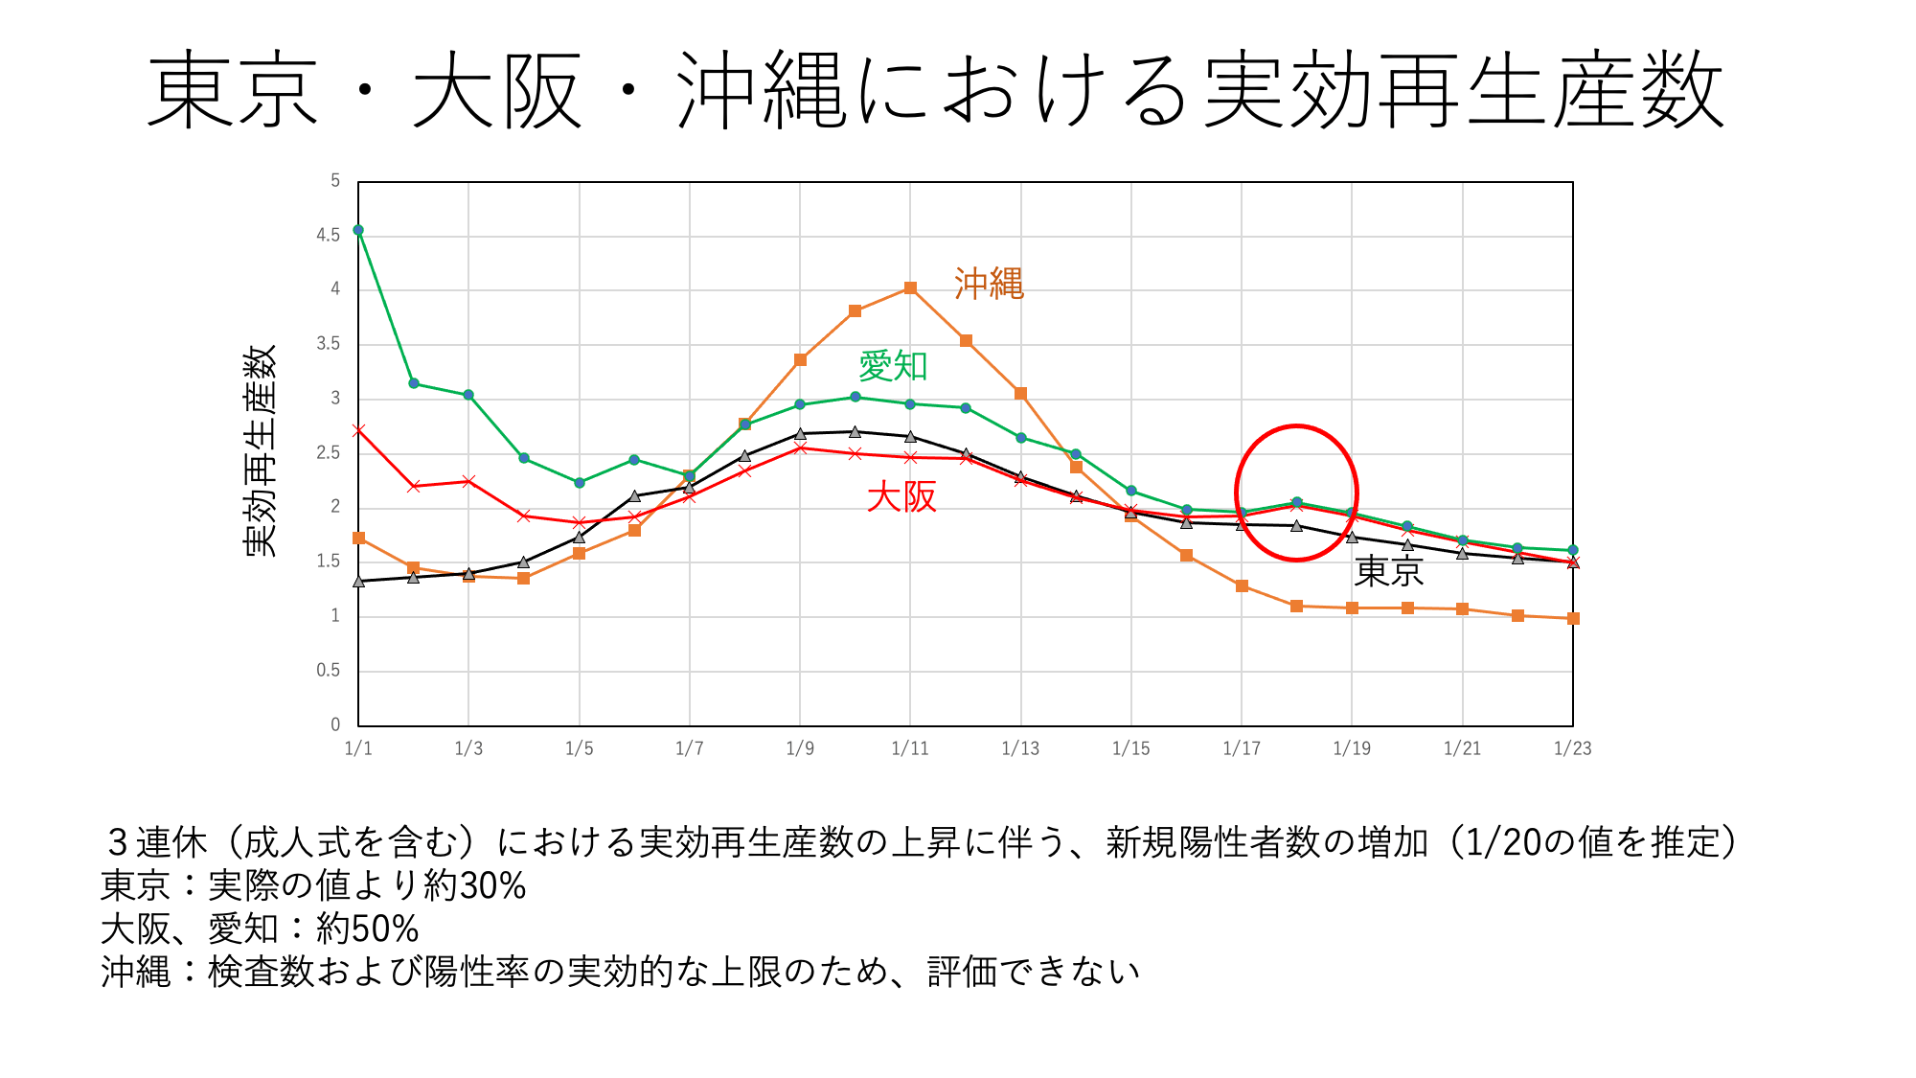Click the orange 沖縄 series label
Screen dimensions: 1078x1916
pos(989,284)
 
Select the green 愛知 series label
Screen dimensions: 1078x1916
pos(893,366)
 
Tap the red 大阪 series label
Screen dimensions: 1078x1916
pos(901,496)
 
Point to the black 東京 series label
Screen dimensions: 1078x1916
pos(1388,571)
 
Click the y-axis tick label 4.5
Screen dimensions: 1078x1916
pos(329,235)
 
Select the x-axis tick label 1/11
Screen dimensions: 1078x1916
pos(910,748)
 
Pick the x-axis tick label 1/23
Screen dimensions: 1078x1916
pos(1572,748)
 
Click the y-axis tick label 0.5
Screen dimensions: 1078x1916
pos(329,671)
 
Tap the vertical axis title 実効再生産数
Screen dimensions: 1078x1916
pos(260,450)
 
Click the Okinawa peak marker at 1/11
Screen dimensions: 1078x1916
pos(910,288)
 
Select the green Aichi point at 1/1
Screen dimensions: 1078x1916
pos(358,230)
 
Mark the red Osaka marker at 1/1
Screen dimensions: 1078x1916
pos(358,430)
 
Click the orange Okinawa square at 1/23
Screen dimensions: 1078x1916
pos(1573,619)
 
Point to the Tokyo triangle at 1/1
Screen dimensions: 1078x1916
pos(358,581)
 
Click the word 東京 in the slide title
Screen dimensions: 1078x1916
pos(232,91)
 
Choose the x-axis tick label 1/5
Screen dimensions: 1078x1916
pos(579,748)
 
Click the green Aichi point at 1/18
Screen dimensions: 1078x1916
pos(1296,502)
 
